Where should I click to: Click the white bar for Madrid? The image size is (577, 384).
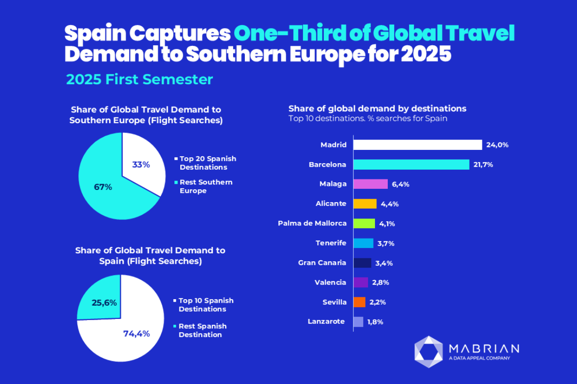tap(418, 145)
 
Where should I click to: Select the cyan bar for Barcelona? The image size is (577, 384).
tap(411, 165)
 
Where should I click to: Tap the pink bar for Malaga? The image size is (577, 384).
tap(371, 184)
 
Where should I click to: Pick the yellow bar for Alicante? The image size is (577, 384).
tap(365, 204)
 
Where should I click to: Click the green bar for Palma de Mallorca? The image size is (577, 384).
tap(365, 223)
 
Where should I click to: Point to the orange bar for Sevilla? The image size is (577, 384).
tap(360, 302)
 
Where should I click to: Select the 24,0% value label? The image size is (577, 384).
tap(497, 145)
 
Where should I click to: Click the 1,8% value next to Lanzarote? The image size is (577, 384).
tap(375, 322)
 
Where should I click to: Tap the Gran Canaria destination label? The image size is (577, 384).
tap(322, 263)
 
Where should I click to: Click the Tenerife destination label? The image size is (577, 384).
tap(331, 243)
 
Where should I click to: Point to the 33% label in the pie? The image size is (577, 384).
tap(141, 165)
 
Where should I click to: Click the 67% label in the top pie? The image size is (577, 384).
tap(103, 187)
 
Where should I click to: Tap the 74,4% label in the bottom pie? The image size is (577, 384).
tap(136, 333)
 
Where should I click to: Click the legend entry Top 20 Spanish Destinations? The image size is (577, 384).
tap(207, 163)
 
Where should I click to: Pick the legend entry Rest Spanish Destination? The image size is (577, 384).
tap(202, 330)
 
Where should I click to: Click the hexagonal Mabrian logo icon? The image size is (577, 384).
tap(428, 351)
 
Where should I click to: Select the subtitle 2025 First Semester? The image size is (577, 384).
tap(139, 79)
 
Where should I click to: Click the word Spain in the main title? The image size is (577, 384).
tap(95, 34)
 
